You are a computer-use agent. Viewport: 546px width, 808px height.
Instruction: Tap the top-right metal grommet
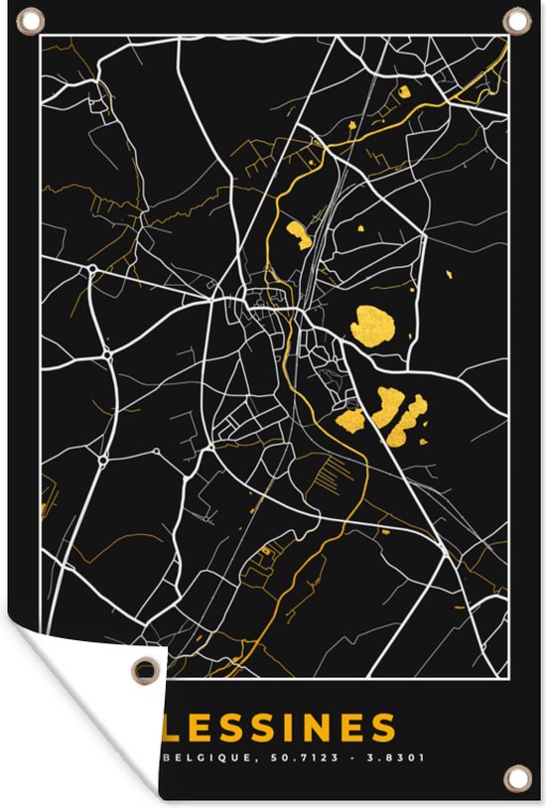[517, 19]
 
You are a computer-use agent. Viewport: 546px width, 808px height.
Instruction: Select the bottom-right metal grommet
[514, 777]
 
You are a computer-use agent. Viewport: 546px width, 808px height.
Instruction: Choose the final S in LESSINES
[384, 729]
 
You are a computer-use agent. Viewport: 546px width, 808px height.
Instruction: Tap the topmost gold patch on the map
[403, 92]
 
